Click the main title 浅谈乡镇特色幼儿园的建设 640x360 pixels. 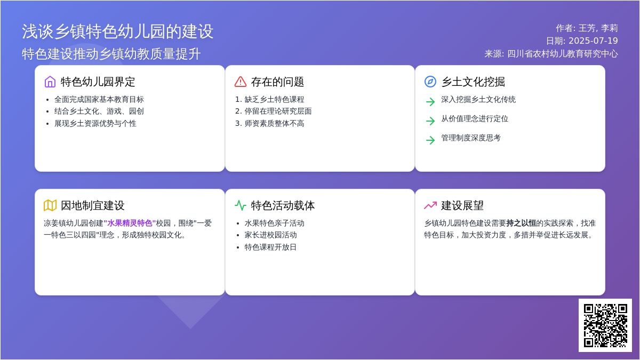(117, 31)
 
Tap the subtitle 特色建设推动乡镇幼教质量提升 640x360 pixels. (111, 54)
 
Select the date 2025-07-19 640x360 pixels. (593, 41)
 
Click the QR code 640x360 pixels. (605, 325)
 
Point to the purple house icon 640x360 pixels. (50, 82)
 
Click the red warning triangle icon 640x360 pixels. (241, 82)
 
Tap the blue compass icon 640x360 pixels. (430, 82)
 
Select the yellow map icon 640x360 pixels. (50, 205)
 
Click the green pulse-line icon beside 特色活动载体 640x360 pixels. (241, 205)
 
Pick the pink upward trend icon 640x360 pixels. (430, 205)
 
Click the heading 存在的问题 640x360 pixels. (277, 82)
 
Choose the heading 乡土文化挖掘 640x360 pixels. (473, 82)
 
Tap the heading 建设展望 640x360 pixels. (462, 206)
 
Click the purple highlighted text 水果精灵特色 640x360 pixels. (130, 223)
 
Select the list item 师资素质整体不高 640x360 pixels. (274, 123)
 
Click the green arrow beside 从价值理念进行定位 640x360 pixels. (430, 121)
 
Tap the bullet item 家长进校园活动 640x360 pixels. (270, 235)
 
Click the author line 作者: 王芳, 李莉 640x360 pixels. (587, 28)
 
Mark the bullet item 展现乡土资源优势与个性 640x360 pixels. (95, 123)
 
